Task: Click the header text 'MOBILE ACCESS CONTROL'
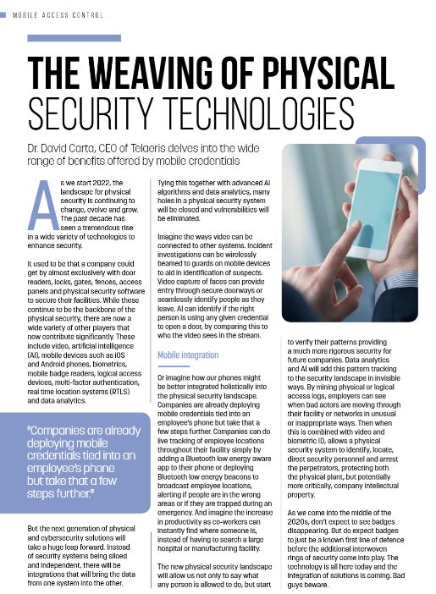(x=58, y=15)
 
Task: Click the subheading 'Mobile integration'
(x=188, y=355)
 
